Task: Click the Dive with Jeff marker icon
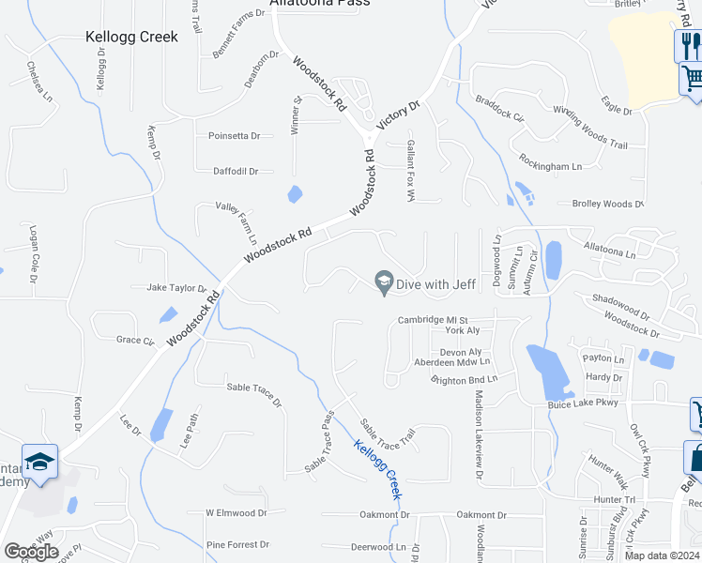pyautogui.click(x=383, y=281)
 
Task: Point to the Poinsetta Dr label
pyautogui.click(x=228, y=136)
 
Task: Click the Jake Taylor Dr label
pyautogui.click(x=175, y=288)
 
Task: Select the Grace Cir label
pyautogui.click(x=134, y=340)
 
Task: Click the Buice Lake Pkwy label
pyautogui.click(x=585, y=404)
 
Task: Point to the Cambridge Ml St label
pyautogui.click(x=433, y=320)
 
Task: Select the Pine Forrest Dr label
pyautogui.click(x=237, y=544)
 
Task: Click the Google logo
pyautogui.click(x=31, y=552)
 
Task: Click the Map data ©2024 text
pyautogui.click(x=662, y=555)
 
